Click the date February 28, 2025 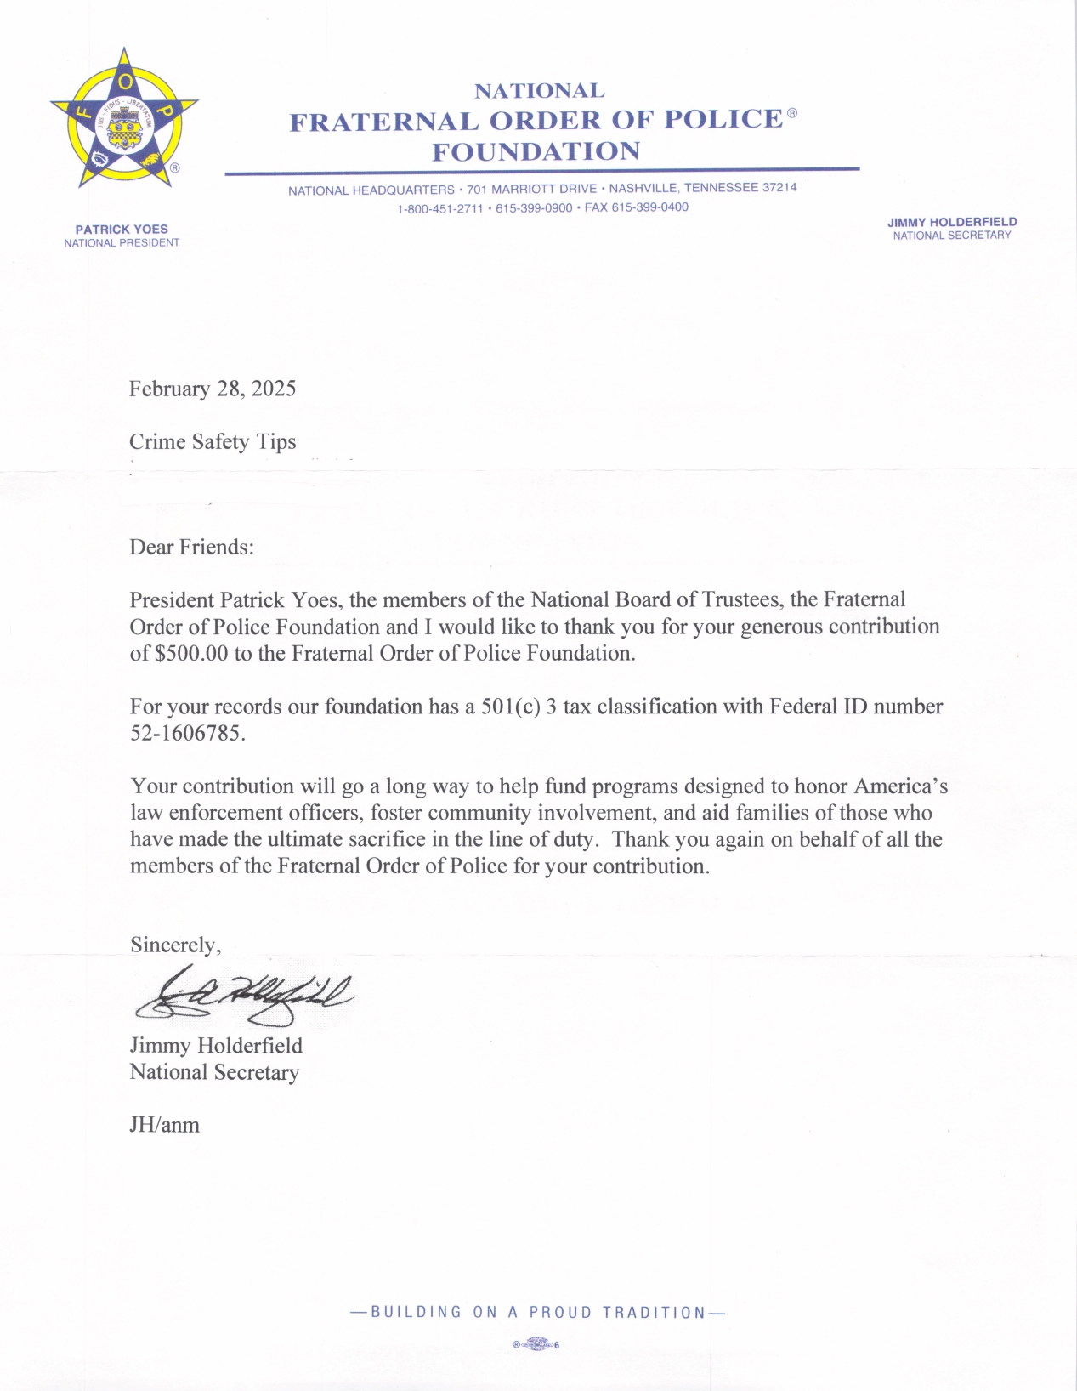pyautogui.click(x=213, y=389)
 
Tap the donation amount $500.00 pyautogui.click(x=191, y=653)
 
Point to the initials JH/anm pyautogui.click(x=164, y=1125)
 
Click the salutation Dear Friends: pyautogui.click(x=191, y=547)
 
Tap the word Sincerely pyautogui.click(x=174, y=945)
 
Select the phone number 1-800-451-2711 pyautogui.click(x=439, y=208)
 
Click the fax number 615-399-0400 pyautogui.click(x=649, y=207)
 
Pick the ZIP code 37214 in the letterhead pyautogui.click(x=779, y=187)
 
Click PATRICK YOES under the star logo pyautogui.click(x=122, y=229)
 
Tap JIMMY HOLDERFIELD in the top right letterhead pyautogui.click(x=952, y=222)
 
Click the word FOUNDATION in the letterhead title pyautogui.click(x=536, y=151)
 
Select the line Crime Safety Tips pyautogui.click(x=213, y=441)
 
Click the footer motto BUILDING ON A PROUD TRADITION pyautogui.click(x=538, y=1312)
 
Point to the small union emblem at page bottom pyautogui.click(x=536, y=1344)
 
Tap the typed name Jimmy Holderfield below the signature pyautogui.click(x=216, y=1045)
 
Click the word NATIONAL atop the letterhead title pyautogui.click(x=540, y=90)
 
